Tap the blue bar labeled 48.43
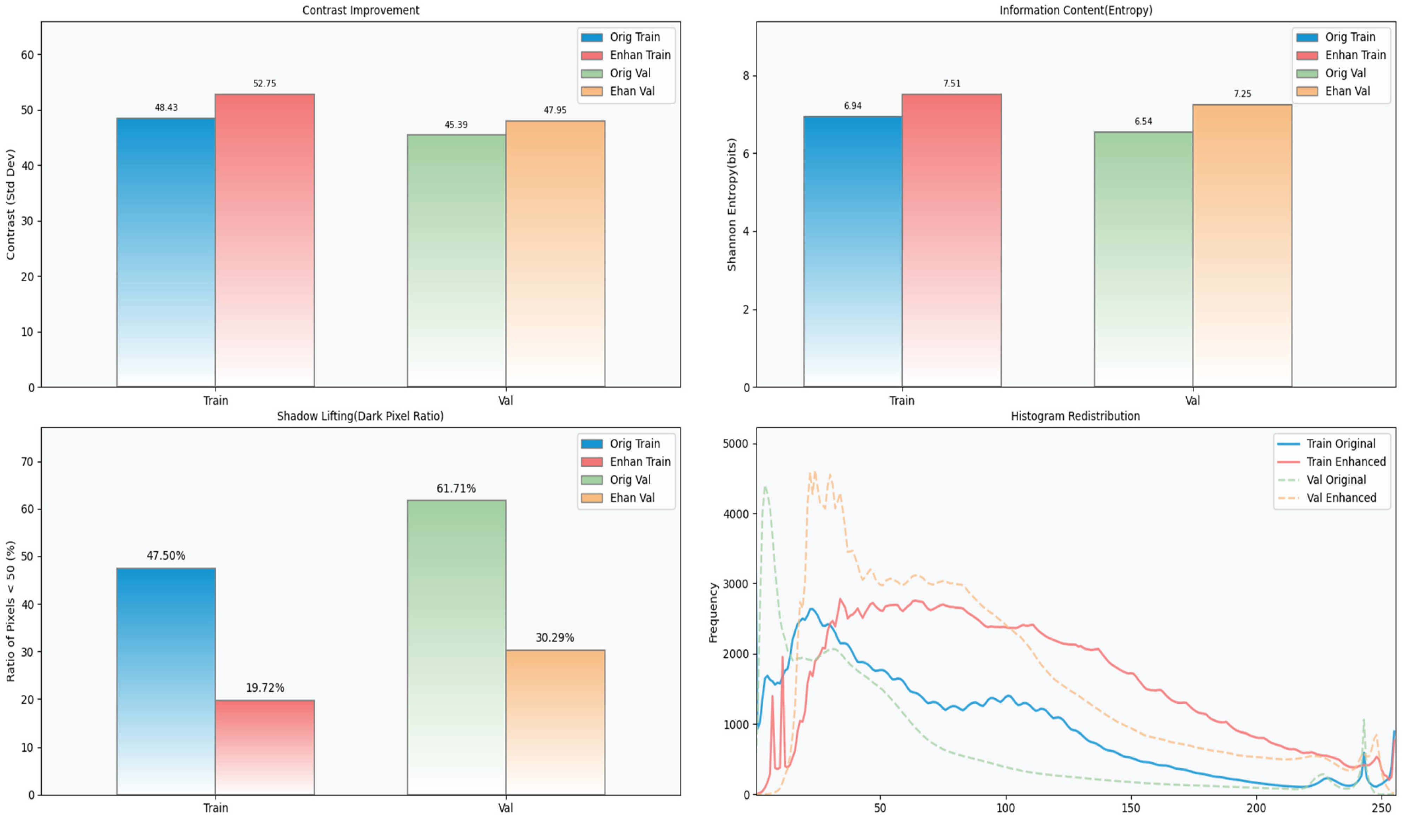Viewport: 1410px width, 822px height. pos(166,252)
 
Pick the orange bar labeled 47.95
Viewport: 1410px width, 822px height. pos(555,254)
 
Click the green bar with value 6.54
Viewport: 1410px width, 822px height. pos(1143,259)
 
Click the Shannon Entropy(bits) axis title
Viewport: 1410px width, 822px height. pos(732,205)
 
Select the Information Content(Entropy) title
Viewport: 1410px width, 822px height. pos(1076,11)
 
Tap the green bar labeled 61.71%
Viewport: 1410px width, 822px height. pos(456,647)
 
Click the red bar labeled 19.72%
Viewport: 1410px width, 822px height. pos(265,747)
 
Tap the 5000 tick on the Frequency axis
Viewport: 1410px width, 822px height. pos(736,444)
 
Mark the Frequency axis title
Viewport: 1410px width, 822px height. pos(713,613)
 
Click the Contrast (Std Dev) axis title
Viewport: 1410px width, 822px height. pos(11,205)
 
